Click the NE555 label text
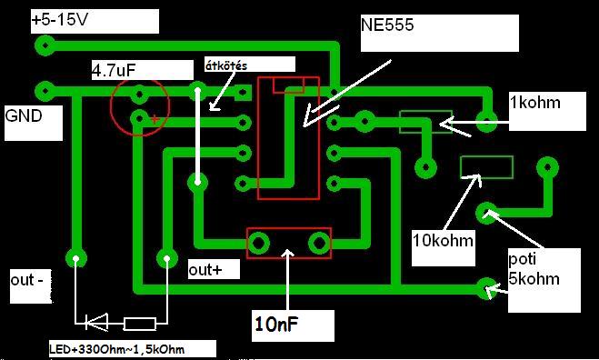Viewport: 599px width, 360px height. [x=387, y=25]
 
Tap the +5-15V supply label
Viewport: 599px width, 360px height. [x=60, y=19]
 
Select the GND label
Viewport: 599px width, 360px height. [x=24, y=115]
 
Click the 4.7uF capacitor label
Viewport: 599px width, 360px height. [x=114, y=71]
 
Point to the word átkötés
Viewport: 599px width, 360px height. [x=226, y=65]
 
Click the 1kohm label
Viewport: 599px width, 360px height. [x=535, y=103]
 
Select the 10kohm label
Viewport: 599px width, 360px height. [x=443, y=241]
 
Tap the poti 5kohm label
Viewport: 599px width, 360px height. [x=534, y=269]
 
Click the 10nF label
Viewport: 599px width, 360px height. [x=276, y=325]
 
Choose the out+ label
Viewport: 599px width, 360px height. [x=205, y=270]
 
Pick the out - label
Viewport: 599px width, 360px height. [x=26, y=280]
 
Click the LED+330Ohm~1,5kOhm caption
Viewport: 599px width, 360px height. [x=117, y=349]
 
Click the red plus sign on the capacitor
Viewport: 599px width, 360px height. [x=155, y=119]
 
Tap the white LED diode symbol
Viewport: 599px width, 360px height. [x=95, y=322]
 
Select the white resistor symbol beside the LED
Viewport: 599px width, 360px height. [x=140, y=324]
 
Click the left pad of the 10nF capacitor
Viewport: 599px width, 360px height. [x=258, y=243]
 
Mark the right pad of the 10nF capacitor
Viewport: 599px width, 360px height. [x=319, y=243]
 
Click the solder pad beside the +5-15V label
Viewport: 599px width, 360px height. [x=45, y=45]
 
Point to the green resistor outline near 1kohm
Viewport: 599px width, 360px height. [x=425, y=122]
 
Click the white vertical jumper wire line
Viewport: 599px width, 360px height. [x=197, y=135]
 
